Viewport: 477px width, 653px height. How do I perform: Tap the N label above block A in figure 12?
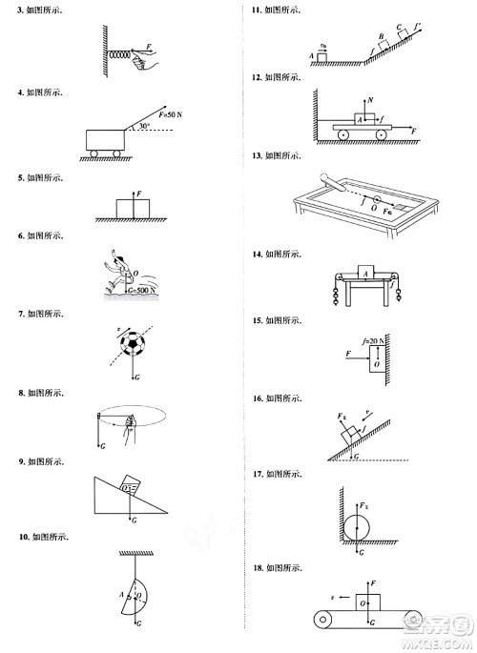pos(369,98)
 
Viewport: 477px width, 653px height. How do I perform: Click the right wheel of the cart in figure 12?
pos(382,135)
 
